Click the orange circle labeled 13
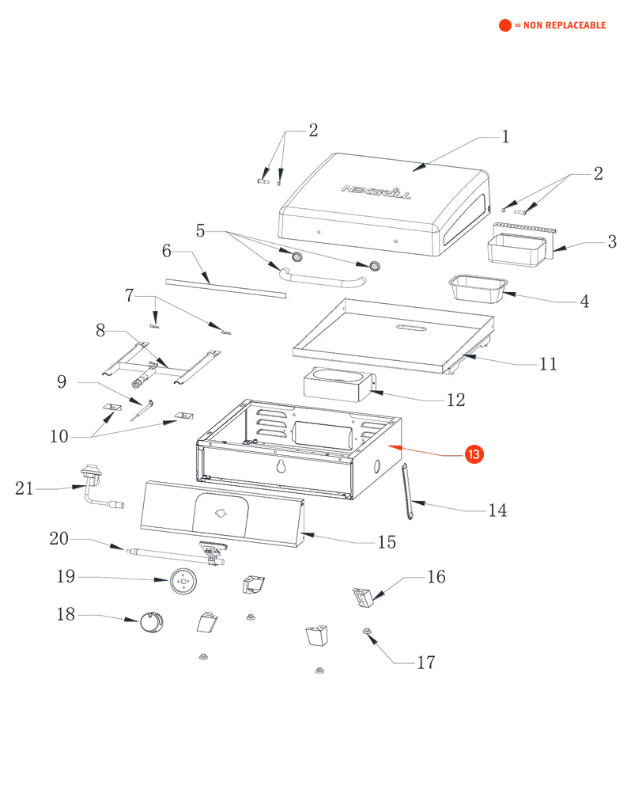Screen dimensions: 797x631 [474, 454]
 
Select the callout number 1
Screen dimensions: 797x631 [505, 137]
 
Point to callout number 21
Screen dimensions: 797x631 [25, 488]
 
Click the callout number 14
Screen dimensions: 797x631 [497, 510]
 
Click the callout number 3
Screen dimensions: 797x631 [611, 242]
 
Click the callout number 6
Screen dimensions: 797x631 [167, 251]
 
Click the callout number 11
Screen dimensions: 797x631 [548, 364]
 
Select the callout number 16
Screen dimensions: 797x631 [436, 577]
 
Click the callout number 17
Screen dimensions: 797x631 [425, 662]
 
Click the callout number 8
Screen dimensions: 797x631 [100, 330]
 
